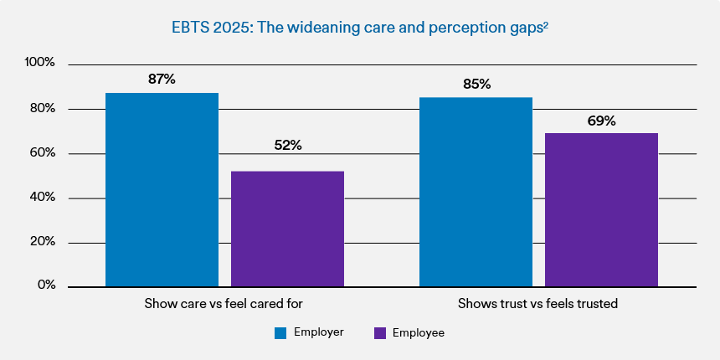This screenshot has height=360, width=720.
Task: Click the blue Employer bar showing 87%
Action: point(162,189)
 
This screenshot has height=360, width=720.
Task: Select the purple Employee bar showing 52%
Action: point(287,229)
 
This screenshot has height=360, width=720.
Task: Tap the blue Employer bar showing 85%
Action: point(476,192)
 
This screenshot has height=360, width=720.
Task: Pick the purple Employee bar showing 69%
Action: point(601,209)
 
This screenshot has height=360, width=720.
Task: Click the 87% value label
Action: point(162,79)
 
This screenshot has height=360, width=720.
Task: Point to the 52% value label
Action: point(287,145)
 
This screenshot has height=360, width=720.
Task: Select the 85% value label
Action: point(476,84)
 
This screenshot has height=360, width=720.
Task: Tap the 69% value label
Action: point(601,121)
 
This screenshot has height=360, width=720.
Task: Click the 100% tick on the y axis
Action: point(39,63)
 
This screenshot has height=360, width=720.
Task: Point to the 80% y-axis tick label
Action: point(41,108)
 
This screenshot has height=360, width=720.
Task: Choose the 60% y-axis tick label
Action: point(41,153)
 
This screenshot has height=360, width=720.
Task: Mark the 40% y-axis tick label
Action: point(41,198)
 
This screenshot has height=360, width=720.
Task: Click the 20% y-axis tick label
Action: point(41,241)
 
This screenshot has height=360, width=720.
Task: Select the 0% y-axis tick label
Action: point(45,285)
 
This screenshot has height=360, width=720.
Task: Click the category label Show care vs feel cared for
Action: point(224,304)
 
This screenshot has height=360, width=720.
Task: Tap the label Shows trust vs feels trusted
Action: point(537,304)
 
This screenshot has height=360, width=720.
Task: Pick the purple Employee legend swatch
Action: point(379,333)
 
